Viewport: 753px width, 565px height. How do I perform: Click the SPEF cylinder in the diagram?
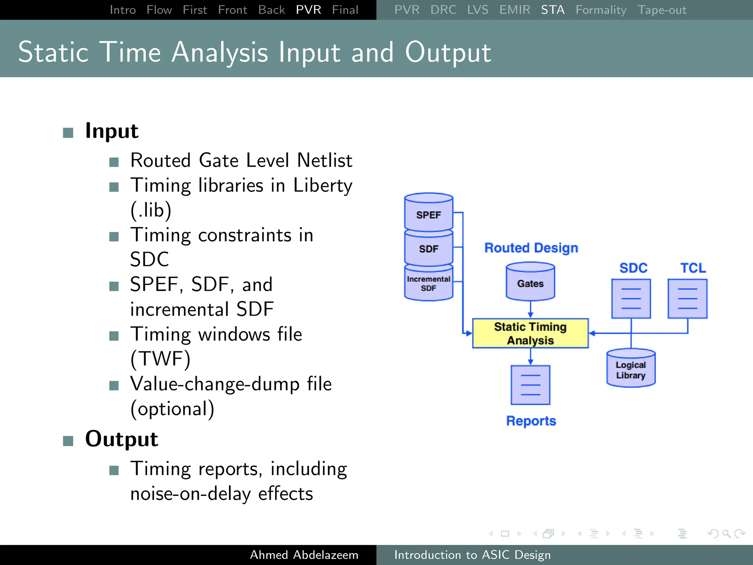click(x=428, y=213)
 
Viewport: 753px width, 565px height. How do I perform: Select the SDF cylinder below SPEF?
click(x=428, y=248)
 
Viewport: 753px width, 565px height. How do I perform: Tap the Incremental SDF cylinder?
click(x=428, y=284)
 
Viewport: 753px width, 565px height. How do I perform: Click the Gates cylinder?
click(x=530, y=282)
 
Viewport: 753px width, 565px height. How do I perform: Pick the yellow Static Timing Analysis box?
click(x=530, y=333)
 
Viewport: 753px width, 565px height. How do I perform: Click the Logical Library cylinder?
click(x=631, y=369)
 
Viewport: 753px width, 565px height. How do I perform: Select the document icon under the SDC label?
click(x=631, y=299)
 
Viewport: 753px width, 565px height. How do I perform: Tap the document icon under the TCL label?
click(x=687, y=299)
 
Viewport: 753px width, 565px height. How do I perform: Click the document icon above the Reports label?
click(x=530, y=385)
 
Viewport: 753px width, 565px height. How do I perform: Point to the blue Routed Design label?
click(x=531, y=248)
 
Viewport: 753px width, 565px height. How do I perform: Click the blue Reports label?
click(x=531, y=421)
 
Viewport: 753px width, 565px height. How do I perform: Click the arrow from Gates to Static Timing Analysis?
click(x=530, y=309)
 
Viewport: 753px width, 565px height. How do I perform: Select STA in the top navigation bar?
click(x=552, y=10)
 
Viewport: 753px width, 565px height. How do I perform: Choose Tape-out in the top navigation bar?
click(x=661, y=10)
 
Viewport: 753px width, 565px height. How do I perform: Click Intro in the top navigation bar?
click(x=122, y=10)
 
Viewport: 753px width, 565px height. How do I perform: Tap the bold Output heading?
click(x=121, y=439)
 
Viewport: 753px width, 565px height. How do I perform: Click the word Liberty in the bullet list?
click(x=322, y=185)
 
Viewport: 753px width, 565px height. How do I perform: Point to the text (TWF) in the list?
click(x=160, y=359)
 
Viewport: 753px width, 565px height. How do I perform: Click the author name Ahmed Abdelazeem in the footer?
click(x=304, y=555)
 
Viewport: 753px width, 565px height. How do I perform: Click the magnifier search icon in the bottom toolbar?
click(x=726, y=533)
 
